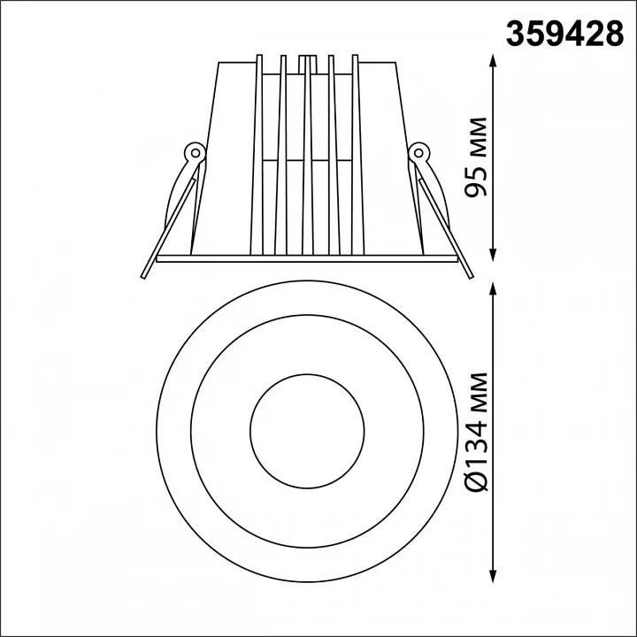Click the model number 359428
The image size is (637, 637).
pyautogui.click(x=564, y=34)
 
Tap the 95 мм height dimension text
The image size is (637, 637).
pyautogui.click(x=476, y=157)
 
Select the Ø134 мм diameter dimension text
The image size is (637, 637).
pyautogui.click(x=476, y=432)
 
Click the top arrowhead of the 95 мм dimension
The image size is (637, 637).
pyautogui.click(x=493, y=61)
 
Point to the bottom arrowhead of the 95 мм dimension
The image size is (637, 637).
pyautogui.click(x=493, y=255)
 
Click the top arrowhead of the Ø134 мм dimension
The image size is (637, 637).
pyautogui.click(x=493, y=289)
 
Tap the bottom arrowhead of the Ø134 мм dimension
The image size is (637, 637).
pyautogui.click(x=493, y=576)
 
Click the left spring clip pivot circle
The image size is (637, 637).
pyautogui.click(x=195, y=153)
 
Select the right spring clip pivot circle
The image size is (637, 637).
pyautogui.click(x=418, y=153)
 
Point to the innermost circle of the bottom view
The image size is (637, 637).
pyautogui.click(x=308, y=374)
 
